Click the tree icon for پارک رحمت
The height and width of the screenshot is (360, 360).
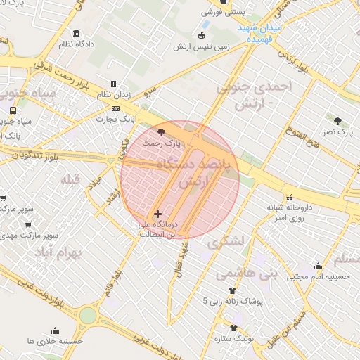coord(162,131)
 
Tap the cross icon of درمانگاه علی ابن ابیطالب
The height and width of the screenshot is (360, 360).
coord(157,213)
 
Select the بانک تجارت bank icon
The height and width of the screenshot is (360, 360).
coord(116,109)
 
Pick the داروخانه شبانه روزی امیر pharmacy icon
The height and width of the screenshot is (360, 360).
coord(289,197)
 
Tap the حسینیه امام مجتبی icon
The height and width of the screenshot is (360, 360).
coord(318,266)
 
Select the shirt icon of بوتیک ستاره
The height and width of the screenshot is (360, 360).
coord(233,328)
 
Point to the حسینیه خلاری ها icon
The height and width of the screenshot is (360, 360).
coord(56,330)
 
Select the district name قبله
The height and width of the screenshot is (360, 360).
coord(71,179)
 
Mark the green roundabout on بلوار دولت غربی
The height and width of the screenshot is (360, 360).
coord(86,315)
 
